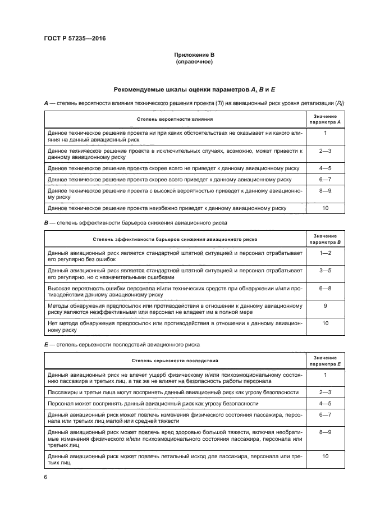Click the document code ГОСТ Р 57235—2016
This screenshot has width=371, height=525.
(x=76, y=38)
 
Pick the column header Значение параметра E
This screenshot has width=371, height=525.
(x=326, y=360)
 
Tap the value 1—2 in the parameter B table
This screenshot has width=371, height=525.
(x=326, y=253)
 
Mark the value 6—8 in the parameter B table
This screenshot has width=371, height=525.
(x=326, y=287)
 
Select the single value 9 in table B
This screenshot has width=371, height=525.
(x=326, y=305)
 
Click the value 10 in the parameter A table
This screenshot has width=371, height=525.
(x=326, y=208)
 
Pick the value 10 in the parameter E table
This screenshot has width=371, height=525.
(x=326, y=456)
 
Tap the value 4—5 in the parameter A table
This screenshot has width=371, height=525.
(x=326, y=168)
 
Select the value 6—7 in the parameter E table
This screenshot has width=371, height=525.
(x=326, y=414)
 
